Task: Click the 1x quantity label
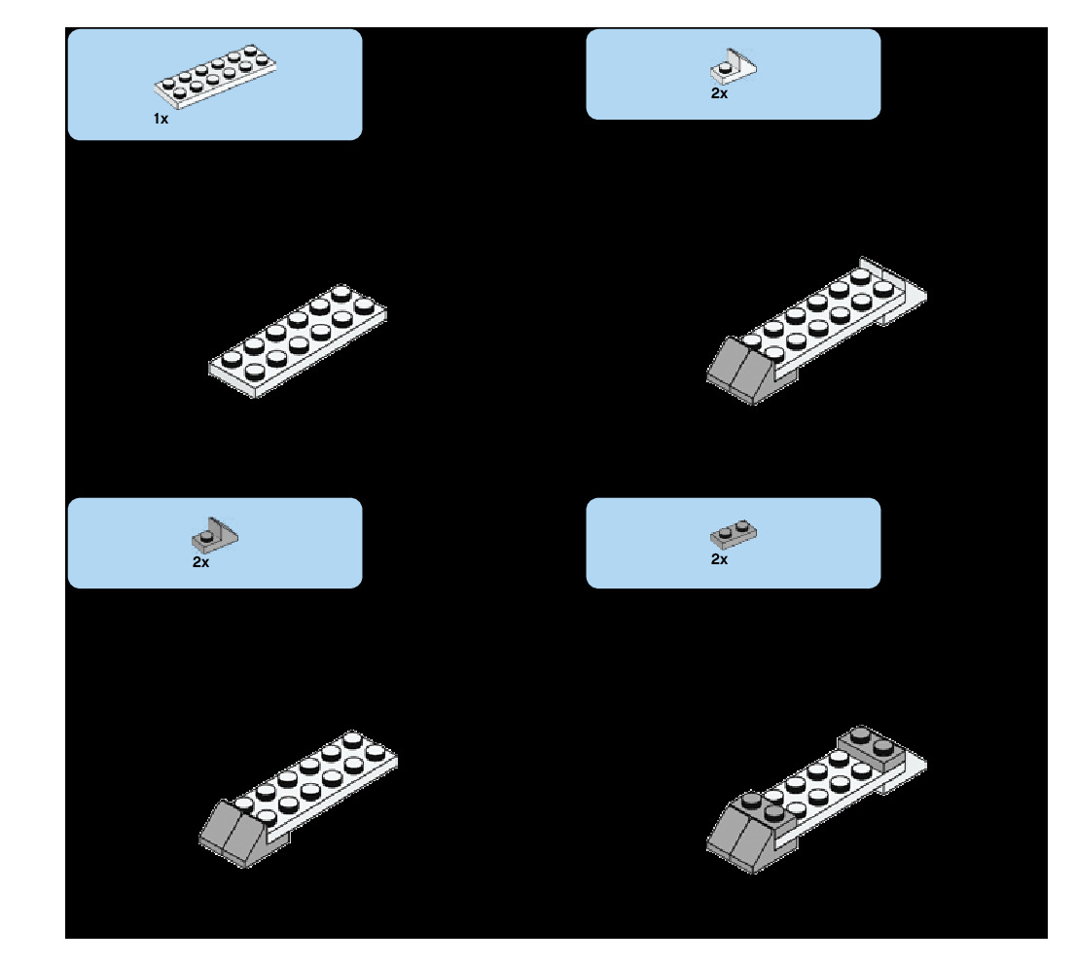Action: pyautogui.click(x=161, y=119)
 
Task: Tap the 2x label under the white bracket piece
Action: pyautogui.click(x=719, y=94)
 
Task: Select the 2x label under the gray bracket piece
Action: pyautogui.click(x=200, y=562)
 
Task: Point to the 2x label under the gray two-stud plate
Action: pyautogui.click(x=719, y=559)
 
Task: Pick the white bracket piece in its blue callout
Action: pyautogui.click(x=734, y=65)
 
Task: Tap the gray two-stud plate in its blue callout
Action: pyautogui.click(x=735, y=533)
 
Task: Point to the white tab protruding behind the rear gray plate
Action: pyautogui.click(x=911, y=773)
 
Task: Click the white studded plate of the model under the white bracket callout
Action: pyautogui.click(x=817, y=316)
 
